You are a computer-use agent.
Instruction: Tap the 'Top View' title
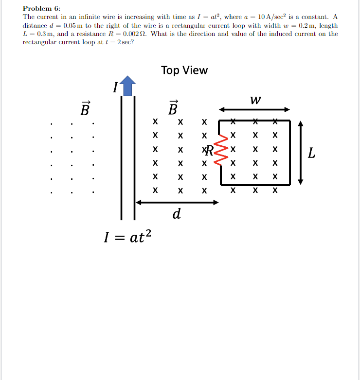tap(184, 70)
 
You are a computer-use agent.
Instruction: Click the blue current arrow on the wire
tap(127, 86)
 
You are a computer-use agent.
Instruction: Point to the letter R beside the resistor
tap(209, 150)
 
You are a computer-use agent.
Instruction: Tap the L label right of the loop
tap(312, 155)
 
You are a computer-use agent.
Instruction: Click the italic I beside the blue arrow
tap(115, 88)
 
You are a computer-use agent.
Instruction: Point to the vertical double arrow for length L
tap(301, 153)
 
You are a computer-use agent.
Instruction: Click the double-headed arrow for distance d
tap(177, 202)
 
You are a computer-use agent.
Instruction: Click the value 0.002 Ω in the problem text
tap(134, 34)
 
